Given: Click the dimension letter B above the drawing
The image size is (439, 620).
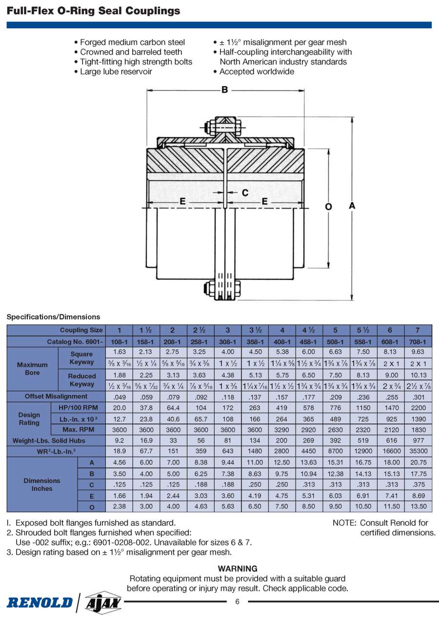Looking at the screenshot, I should point(225,90).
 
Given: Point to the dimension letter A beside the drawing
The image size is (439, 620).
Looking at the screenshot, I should point(352,206).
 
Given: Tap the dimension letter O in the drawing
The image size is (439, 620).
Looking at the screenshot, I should point(328,207).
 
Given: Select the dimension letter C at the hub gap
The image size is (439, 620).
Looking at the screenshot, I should point(245,193).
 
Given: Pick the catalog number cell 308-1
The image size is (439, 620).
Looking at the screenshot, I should point(227,342).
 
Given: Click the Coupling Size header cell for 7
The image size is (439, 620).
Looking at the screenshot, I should point(417,330).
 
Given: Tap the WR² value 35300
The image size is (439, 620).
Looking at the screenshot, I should point(417,451).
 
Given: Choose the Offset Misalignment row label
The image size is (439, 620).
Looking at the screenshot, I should point(56,396).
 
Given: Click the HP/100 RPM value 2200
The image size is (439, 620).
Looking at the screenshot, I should point(417,408).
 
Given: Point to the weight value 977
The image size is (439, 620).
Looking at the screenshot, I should point(417,441).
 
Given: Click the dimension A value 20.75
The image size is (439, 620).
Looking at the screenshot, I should point(417,463).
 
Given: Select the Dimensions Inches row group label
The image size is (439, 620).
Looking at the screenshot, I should point(42,484).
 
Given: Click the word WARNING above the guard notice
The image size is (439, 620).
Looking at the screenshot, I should point(238,568).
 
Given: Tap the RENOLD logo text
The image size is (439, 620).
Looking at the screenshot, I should point(40,602).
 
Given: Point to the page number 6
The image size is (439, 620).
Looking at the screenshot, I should point(238,601).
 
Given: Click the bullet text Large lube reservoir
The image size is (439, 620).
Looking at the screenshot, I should point(116,72).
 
